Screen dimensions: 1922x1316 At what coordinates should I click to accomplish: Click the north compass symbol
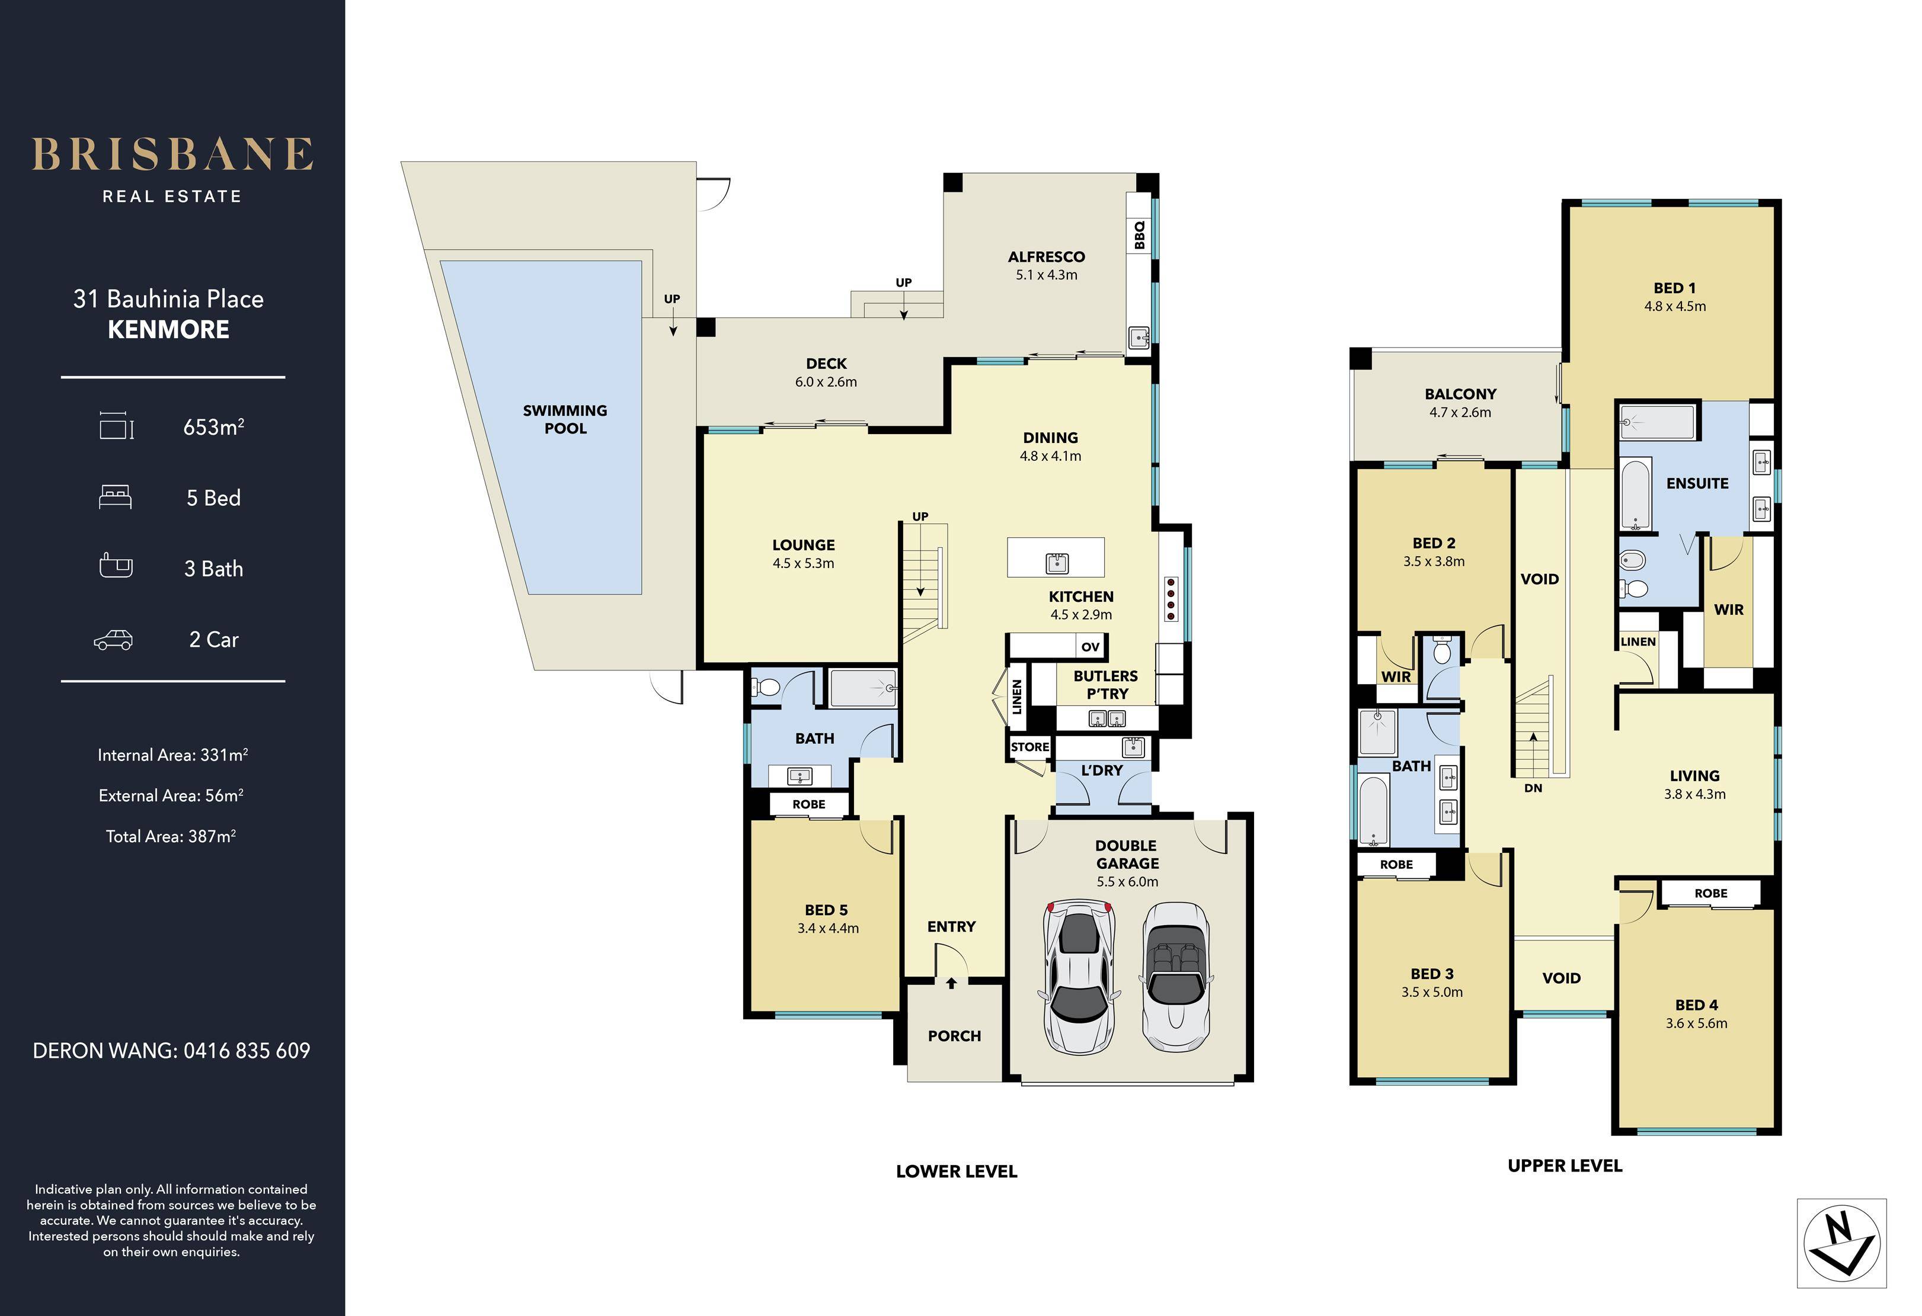pyautogui.click(x=1842, y=1243)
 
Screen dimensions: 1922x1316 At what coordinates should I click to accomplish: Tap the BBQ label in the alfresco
pyautogui.click(x=1140, y=234)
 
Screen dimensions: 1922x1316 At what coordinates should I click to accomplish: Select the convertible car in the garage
pyautogui.click(x=1176, y=977)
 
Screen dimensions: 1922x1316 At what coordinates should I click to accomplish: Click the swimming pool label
pyautogui.click(x=565, y=419)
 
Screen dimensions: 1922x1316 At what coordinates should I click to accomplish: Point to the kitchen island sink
pyautogui.click(x=1056, y=563)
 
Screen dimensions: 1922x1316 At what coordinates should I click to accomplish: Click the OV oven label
pyautogui.click(x=1090, y=646)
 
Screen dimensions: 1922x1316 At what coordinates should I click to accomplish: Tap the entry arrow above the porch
pyautogui.click(x=951, y=983)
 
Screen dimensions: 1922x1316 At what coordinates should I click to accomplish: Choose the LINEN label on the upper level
pyautogui.click(x=1638, y=641)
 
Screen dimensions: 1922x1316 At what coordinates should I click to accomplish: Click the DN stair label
pyautogui.click(x=1533, y=788)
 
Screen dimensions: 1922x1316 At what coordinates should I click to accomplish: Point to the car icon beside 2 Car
pyautogui.click(x=113, y=640)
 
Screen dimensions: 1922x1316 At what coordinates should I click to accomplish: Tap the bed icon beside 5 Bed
pyautogui.click(x=115, y=497)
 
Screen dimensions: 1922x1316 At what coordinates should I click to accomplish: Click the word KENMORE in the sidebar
pyautogui.click(x=169, y=330)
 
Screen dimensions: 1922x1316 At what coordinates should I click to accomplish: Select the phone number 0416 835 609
pyautogui.click(x=247, y=1051)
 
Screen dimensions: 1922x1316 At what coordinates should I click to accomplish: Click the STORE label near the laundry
pyautogui.click(x=1029, y=747)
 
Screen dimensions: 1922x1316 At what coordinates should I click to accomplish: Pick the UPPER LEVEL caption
pyautogui.click(x=1565, y=1166)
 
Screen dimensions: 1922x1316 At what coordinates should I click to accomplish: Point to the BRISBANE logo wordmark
pyautogui.click(x=172, y=155)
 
